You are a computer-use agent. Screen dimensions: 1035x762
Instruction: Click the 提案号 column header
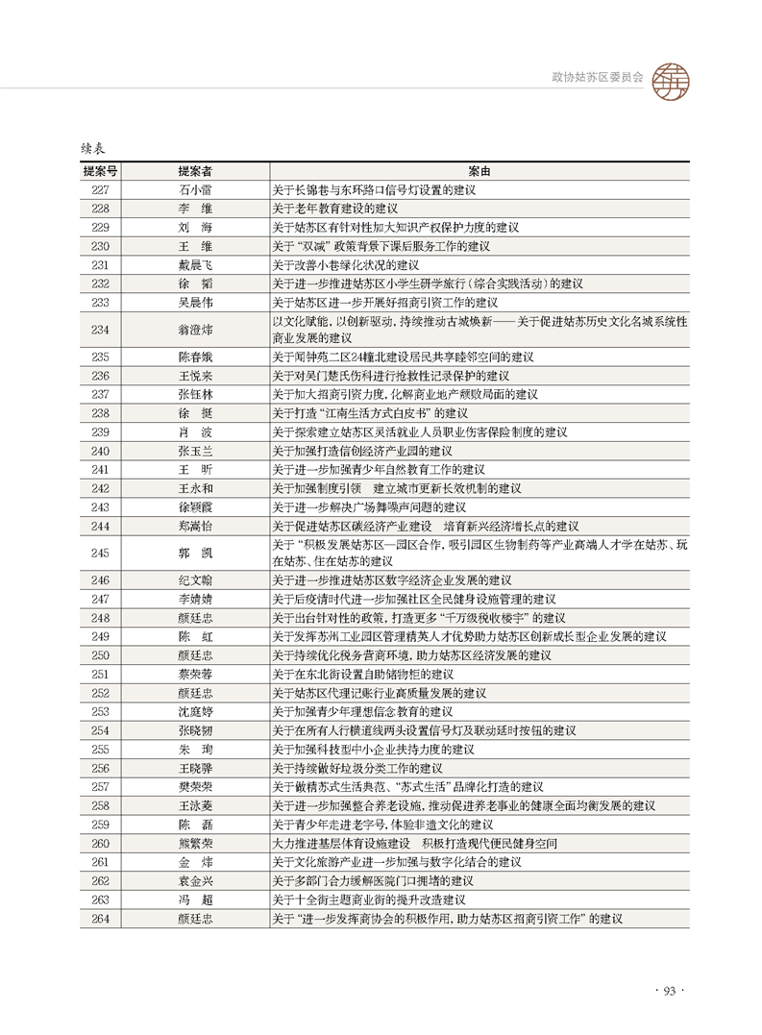(x=100, y=171)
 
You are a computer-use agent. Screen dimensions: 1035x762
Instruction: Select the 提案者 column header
(x=195, y=171)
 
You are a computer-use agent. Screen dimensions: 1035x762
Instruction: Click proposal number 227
(x=100, y=189)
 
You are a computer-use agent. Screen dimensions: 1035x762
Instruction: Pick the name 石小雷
(x=195, y=189)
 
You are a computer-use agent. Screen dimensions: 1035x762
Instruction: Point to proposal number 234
(x=100, y=329)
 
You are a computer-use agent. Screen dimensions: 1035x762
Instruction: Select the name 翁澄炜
(x=195, y=329)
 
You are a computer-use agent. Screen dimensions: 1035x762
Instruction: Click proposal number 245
(x=100, y=553)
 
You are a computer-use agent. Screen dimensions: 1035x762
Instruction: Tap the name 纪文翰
(x=195, y=580)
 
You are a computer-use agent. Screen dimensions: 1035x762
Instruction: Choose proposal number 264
(x=100, y=919)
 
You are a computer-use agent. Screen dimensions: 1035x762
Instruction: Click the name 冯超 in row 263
(x=195, y=900)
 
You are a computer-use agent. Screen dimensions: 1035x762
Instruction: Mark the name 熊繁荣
(x=195, y=844)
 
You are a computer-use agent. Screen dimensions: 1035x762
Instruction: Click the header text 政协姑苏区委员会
(x=597, y=75)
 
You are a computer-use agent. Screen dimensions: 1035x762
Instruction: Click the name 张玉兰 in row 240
(x=195, y=451)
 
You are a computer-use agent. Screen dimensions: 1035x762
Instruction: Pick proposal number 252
(x=100, y=693)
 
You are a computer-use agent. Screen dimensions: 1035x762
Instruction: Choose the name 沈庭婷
(x=195, y=712)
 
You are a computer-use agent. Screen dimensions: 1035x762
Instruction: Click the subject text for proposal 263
(x=369, y=900)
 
